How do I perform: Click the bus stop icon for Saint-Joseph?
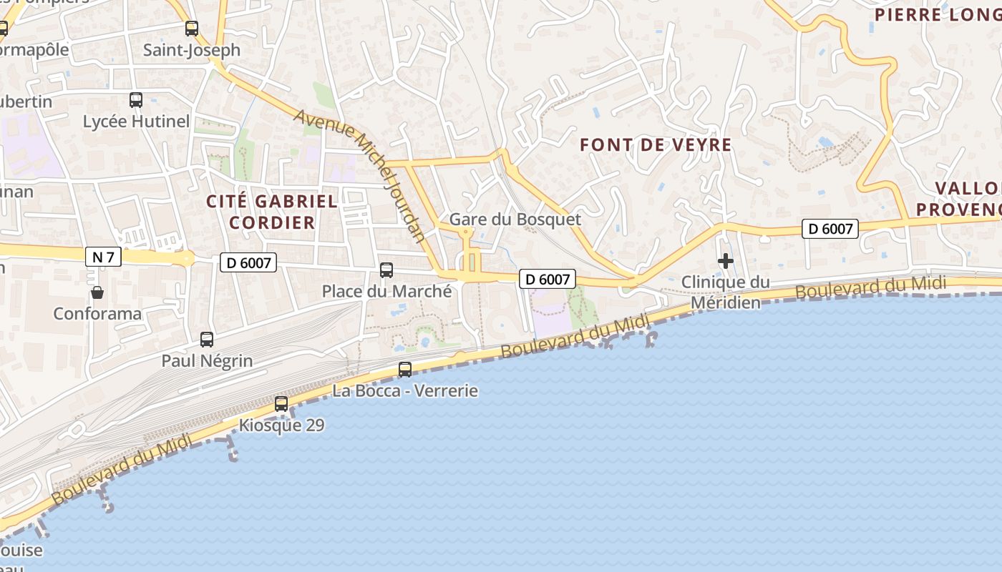pyautogui.click(x=191, y=29)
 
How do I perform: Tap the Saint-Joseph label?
pyautogui.click(x=192, y=51)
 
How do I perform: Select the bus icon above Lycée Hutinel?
pyautogui.click(x=136, y=100)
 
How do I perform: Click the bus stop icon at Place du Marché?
pyautogui.click(x=386, y=270)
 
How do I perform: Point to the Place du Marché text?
pyautogui.click(x=386, y=292)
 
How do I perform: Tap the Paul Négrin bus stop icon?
pyautogui.click(x=207, y=340)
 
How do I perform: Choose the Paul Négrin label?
pyautogui.click(x=207, y=361)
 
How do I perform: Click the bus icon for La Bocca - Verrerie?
pyautogui.click(x=405, y=370)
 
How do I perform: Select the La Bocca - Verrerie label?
pyautogui.click(x=405, y=391)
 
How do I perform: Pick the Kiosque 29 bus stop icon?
pyautogui.click(x=281, y=404)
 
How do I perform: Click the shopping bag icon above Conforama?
pyautogui.click(x=97, y=292)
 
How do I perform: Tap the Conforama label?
pyautogui.click(x=97, y=314)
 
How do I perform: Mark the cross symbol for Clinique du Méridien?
pyautogui.click(x=726, y=261)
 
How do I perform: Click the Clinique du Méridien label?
pyautogui.click(x=725, y=292)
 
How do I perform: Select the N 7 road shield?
pyautogui.click(x=103, y=257)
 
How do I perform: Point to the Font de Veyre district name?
pyautogui.click(x=656, y=145)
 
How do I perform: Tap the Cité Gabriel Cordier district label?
pyautogui.click(x=272, y=212)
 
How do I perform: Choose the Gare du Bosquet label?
pyautogui.click(x=515, y=220)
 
